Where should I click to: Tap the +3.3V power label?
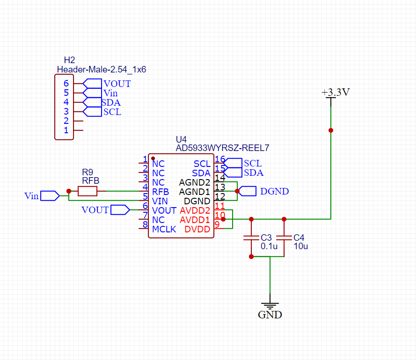tap(336, 92)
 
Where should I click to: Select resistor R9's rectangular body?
tap(88, 191)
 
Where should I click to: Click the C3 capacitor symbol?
tap(251, 238)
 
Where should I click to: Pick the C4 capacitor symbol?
tap(284, 238)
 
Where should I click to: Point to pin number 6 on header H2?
tap(66, 84)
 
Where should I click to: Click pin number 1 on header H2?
tap(66, 130)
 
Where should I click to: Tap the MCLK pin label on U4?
tap(164, 229)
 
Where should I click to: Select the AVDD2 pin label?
tap(195, 210)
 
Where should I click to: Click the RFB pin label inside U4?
tap(161, 192)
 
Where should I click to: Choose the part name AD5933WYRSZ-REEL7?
tap(222, 148)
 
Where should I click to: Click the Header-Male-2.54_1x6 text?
tap(102, 70)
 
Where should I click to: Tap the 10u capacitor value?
tap(301, 246)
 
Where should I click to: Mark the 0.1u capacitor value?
tap(269, 246)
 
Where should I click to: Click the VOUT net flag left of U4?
tap(120, 210)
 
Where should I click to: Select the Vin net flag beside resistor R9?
tap(50, 196)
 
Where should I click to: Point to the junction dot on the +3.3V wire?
tap(331, 130)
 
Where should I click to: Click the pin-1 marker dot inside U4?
tap(153, 158)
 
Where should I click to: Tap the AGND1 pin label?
tap(195, 192)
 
